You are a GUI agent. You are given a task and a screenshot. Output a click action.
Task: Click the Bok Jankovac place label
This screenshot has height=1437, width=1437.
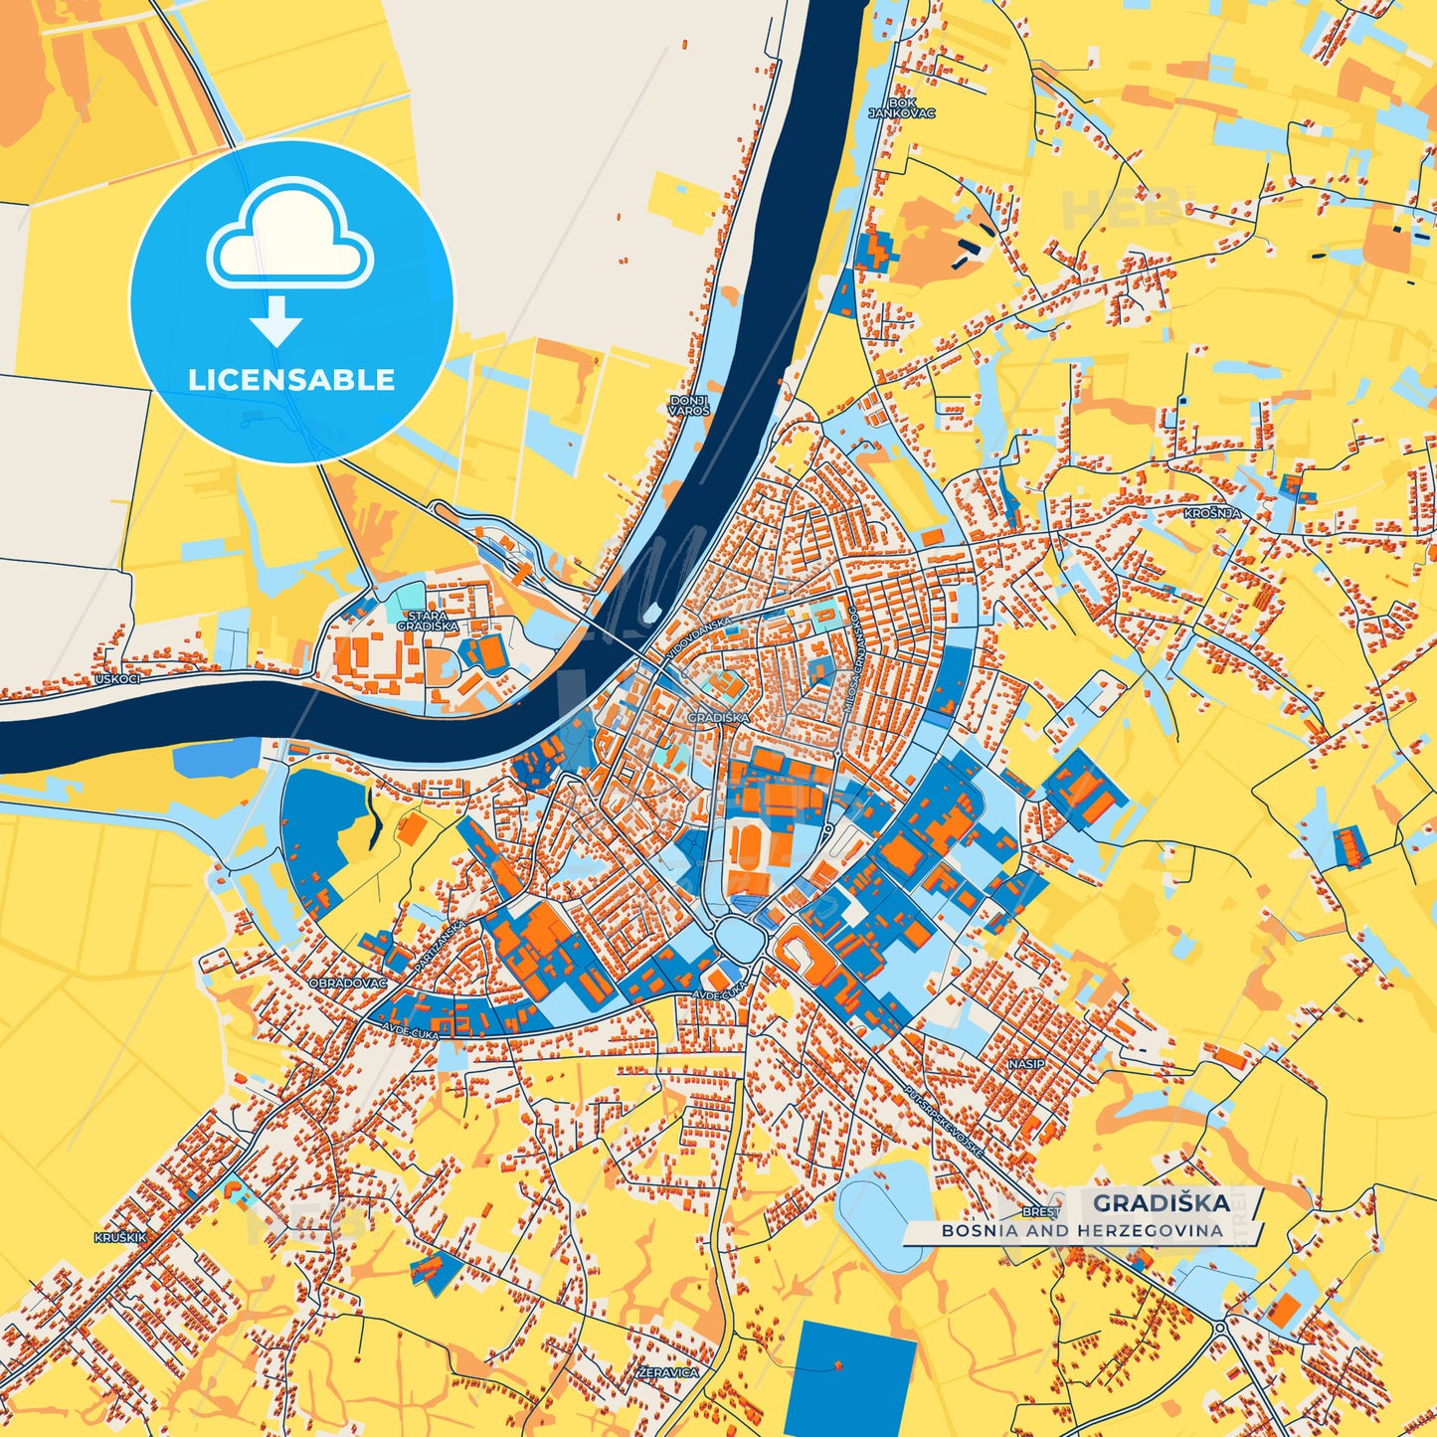pos(902,107)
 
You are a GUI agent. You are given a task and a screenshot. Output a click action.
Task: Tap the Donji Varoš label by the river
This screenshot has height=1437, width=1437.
pos(689,405)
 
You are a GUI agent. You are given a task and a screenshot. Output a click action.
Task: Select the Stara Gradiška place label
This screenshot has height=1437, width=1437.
pos(428,621)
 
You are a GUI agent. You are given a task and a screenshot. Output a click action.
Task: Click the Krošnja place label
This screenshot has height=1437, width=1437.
pos(1212,513)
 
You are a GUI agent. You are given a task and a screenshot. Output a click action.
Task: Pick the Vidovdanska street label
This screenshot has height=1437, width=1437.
pos(700,634)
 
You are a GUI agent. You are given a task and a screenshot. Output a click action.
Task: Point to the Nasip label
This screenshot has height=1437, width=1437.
pos(1026,1063)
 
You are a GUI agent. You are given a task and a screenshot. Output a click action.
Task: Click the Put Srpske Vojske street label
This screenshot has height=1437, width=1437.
pos(944,1120)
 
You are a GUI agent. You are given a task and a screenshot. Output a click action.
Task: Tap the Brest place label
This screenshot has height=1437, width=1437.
pos(1041,1212)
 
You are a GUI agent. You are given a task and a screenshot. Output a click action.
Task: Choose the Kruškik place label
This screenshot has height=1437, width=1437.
pos(120,1238)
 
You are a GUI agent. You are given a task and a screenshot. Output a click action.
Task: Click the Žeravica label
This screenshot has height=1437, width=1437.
pos(668,1372)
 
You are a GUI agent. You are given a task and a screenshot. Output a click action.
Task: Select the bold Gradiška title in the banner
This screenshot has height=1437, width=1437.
pos(1162,1203)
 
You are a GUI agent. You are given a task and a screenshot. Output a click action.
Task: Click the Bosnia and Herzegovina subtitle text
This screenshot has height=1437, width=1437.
pos(1082,1231)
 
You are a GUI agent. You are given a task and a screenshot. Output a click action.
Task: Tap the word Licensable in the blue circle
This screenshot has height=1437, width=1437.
pos(291,380)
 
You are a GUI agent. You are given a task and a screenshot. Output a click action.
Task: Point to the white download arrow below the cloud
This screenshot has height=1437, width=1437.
pos(276,320)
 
